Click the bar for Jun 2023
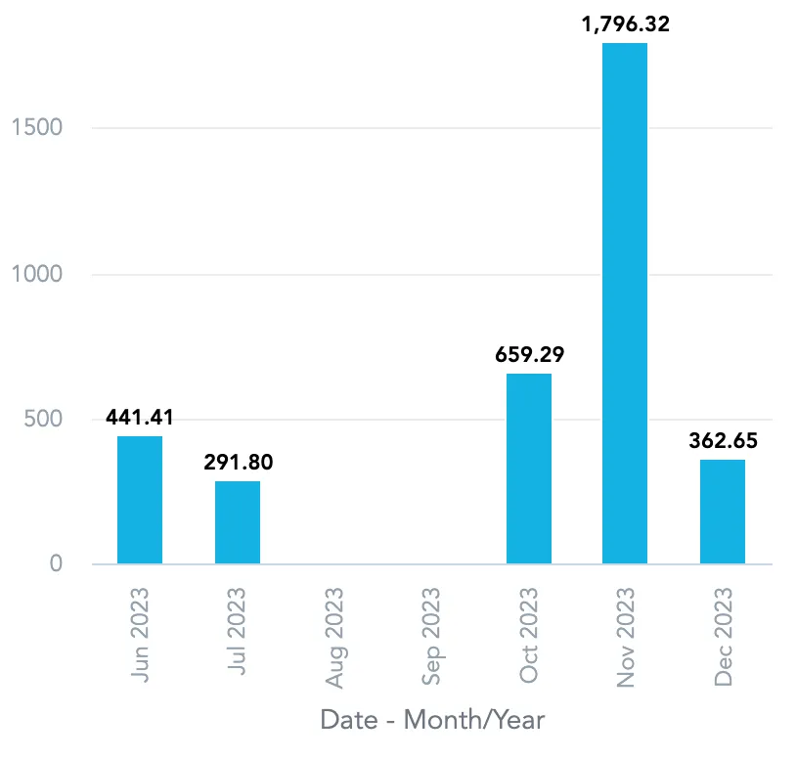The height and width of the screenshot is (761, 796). click(x=140, y=500)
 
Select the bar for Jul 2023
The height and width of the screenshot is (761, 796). click(x=238, y=522)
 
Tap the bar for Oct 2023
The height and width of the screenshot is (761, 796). click(x=529, y=469)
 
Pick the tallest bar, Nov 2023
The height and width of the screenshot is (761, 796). click(x=625, y=303)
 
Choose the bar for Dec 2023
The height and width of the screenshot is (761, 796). click(x=723, y=512)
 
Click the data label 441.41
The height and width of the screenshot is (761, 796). click(x=140, y=418)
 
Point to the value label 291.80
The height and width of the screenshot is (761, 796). click(x=238, y=463)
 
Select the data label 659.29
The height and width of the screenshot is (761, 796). click(x=529, y=354)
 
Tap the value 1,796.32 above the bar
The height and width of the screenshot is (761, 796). click(x=625, y=24)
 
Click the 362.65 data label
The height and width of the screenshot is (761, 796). click(x=723, y=440)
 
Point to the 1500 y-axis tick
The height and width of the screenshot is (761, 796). click(x=36, y=128)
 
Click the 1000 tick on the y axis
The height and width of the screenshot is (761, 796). click(x=36, y=274)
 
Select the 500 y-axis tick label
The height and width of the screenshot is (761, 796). click(x=44, y=420)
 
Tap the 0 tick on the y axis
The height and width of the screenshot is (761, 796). click(x=55, y=564)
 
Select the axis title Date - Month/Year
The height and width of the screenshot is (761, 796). click(x=431, y=721)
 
